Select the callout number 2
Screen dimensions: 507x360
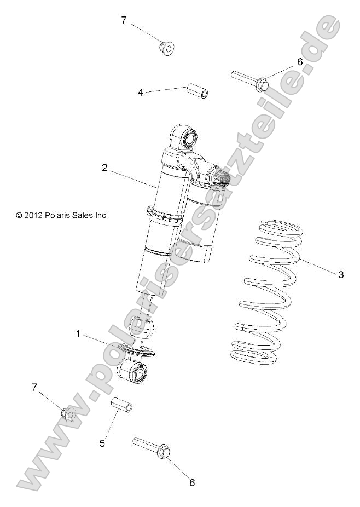pos(104,168)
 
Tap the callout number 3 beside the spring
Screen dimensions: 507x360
pos(340,275)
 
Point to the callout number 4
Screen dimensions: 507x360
pos(141,93)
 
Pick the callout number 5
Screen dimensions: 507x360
pos(102,442)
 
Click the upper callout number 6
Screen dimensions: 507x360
pos(299,62)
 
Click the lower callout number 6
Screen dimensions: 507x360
pos(191,482)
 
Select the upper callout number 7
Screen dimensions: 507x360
pos(124,20)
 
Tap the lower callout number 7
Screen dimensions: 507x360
pos(35,387)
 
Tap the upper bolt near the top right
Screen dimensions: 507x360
pos(249,80)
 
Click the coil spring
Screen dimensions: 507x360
pos(265,291)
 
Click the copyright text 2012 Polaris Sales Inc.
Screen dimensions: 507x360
pos(62,216)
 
